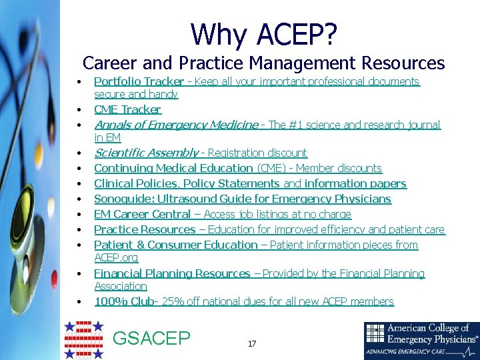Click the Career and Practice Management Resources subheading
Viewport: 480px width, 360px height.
pos(263,63)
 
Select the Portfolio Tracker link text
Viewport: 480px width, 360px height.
pos(139,81)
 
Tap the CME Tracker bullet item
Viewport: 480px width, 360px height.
pos(127,109)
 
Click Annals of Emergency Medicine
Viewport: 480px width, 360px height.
pos(176,125)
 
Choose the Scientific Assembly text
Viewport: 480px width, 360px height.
pos(146,153)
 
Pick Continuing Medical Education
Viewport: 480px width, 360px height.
pos(174,168)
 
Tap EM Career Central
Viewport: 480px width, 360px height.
pos(142,214)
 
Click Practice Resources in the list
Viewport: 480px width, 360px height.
pos(145,229)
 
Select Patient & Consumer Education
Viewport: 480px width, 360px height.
pos(175,245)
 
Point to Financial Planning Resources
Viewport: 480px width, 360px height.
pos(172,273)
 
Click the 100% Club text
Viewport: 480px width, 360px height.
pos(123,301)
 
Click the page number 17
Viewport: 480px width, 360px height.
pos(251,344)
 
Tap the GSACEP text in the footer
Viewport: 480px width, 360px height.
pos(151,339)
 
